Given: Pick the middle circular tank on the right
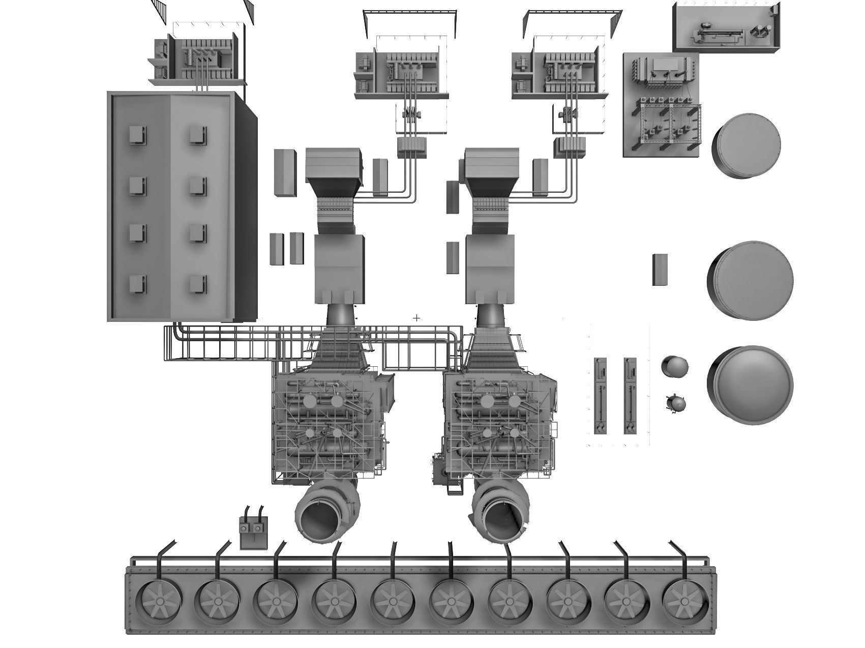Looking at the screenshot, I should click(751, 280).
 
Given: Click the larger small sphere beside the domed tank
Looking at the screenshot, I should click(675, 367).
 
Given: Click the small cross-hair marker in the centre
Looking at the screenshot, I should click(416, 318).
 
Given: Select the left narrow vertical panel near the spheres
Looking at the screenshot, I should click(601, 395).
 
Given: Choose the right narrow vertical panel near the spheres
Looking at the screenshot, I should click(630, 395).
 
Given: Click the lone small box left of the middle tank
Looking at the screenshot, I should click(660, 270).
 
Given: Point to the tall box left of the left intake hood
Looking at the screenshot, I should click(285, 172).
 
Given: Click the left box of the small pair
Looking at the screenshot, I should click(276, 249).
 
